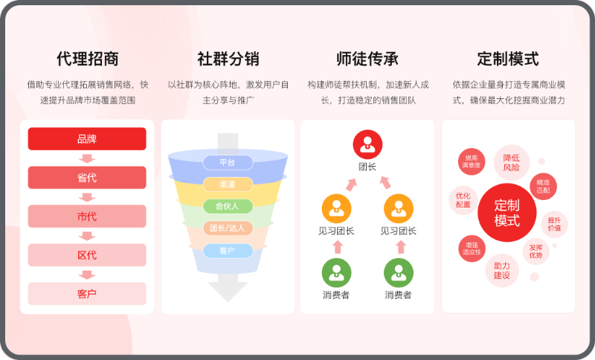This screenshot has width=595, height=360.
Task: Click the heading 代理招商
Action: tap(88, 59)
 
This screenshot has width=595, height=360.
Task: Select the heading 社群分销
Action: tap(228, 59)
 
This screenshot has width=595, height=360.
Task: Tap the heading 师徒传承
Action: tap(367, 59)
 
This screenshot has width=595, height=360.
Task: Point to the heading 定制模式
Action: tap(508, 59)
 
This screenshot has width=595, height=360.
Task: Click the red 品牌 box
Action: tap(87, 139)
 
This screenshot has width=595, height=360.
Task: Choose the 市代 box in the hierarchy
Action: tap(87, 216)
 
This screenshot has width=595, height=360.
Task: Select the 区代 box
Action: tap(87, 255)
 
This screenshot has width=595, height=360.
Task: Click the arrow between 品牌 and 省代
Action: tap(87, 158)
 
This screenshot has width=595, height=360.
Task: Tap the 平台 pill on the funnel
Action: tap(228, 162)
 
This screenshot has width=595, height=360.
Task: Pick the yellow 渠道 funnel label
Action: tap(228, 184)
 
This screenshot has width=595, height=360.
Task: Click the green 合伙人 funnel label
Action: tap(228, 206)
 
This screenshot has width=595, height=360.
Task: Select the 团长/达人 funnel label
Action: tap(228, 228)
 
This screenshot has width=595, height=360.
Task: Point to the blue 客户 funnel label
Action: tap(228, 251)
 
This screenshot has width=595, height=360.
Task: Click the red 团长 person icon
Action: tap(367, 144)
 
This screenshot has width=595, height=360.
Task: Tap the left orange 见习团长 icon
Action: tap(336, 209)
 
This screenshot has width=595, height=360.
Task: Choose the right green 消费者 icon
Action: tap(399, 273)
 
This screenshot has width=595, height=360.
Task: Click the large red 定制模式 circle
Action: tap(507, 213)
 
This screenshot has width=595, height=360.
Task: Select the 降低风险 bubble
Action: tap(511, 162)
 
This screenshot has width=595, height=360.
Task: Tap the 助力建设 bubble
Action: tap(501, 271)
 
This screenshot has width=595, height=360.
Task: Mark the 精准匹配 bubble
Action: tap(543, 186)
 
